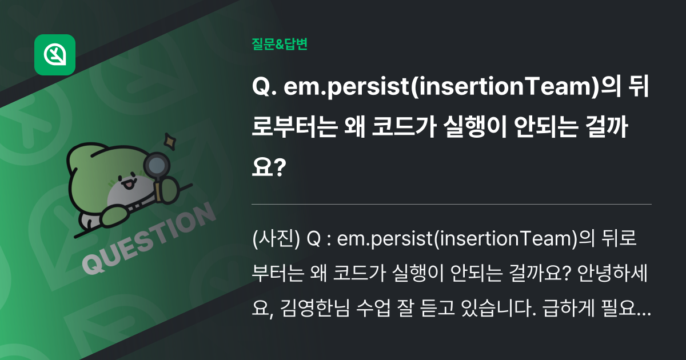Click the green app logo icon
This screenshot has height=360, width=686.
pos(55,55)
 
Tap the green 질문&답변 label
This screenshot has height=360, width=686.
pos(280,44)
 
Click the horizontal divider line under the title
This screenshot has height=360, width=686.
pos(452,203)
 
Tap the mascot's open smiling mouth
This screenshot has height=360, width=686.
pos(128,184)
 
